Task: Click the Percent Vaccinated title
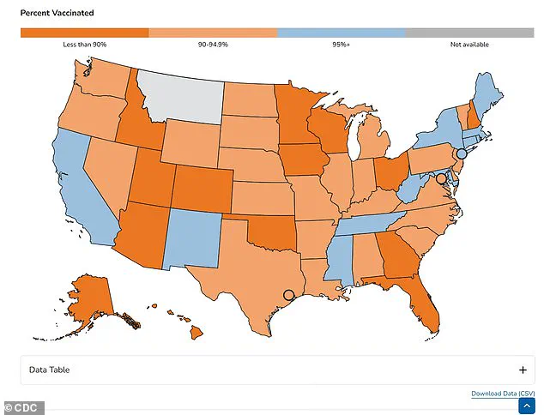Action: coord(57,14)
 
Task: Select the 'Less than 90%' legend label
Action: coord(84,45)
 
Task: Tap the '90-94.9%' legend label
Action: coord(213,45)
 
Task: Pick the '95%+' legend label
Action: coord(342,45)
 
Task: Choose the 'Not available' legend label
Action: coord(469,45)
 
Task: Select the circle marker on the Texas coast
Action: coord(288,296)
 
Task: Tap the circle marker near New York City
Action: coord(462,153)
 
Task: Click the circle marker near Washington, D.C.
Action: coord(441,179)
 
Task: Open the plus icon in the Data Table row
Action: coord(523,370)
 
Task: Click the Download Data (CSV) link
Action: coord(503,394)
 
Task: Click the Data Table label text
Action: coord(48,370)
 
